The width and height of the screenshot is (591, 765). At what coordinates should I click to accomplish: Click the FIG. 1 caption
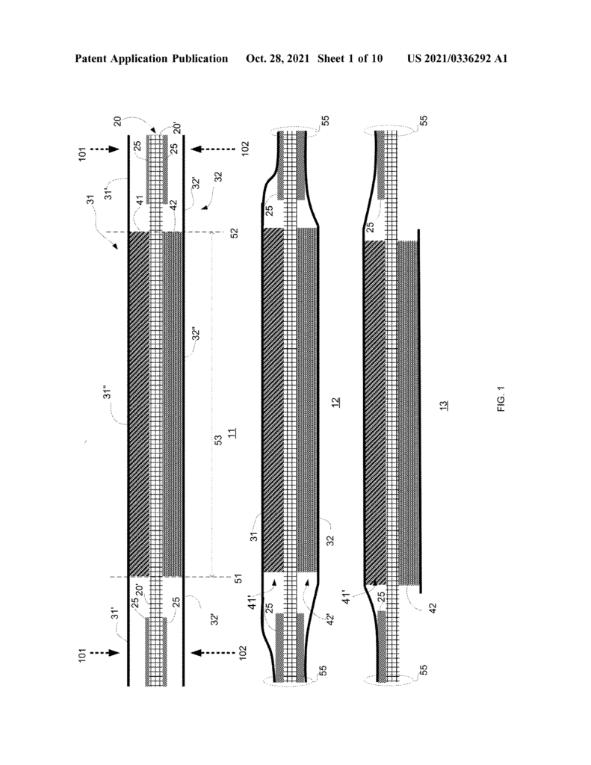point(501,399)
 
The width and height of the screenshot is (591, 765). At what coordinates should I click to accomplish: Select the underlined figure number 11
point(232,433)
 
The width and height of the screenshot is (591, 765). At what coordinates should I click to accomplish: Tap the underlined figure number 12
point(335,402)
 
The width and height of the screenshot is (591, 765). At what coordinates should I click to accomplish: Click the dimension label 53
point(219,439)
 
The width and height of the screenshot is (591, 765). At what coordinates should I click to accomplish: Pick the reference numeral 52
point(235,233)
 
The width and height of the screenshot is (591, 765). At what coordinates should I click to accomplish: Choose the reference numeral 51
point(238,579)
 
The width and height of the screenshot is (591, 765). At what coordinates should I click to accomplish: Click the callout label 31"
point(108,392)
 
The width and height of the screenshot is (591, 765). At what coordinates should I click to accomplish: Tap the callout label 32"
point(197,334)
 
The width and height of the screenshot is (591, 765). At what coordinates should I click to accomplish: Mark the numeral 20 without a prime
point(117,121)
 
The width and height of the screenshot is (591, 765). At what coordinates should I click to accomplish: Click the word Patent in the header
point(90,59)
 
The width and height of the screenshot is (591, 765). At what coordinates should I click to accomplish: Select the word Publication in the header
point(199,59)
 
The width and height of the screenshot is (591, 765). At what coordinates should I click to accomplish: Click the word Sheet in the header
point(331,59)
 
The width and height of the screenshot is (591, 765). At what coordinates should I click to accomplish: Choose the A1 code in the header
point(501,59)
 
